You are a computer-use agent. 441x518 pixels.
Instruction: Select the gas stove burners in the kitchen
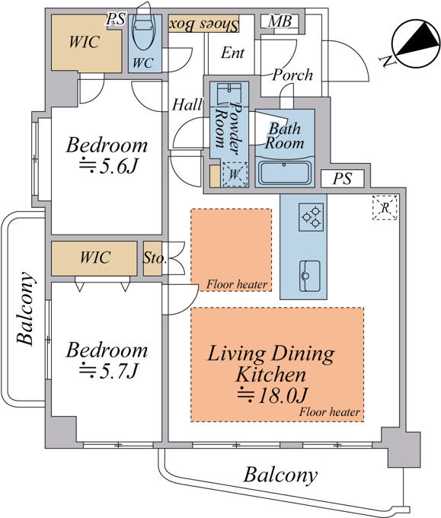pos(311,217)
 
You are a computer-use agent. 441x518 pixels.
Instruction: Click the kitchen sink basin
pos(309,276)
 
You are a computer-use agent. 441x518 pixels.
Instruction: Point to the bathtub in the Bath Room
pos(284,172)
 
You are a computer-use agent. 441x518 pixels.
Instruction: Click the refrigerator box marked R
pos(385,207)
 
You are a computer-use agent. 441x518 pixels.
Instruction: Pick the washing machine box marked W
pos(235,174)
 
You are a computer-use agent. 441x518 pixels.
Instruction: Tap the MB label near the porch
pos(280,21)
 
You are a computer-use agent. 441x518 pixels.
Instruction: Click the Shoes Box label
pos(204,24)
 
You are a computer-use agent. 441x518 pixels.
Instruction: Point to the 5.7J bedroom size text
pos(108,371)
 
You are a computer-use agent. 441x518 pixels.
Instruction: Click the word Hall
pos(187,104)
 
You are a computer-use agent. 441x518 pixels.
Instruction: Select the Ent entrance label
pos(233,53)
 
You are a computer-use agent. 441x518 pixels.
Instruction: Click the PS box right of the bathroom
pos(343,179)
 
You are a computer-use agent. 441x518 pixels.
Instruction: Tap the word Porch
pos(292,75)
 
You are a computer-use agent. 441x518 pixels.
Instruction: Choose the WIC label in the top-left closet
pos(85,43)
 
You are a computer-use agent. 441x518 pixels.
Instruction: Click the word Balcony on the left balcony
pos(25,309)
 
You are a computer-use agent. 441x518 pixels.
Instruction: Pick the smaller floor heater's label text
pos(237,284)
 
